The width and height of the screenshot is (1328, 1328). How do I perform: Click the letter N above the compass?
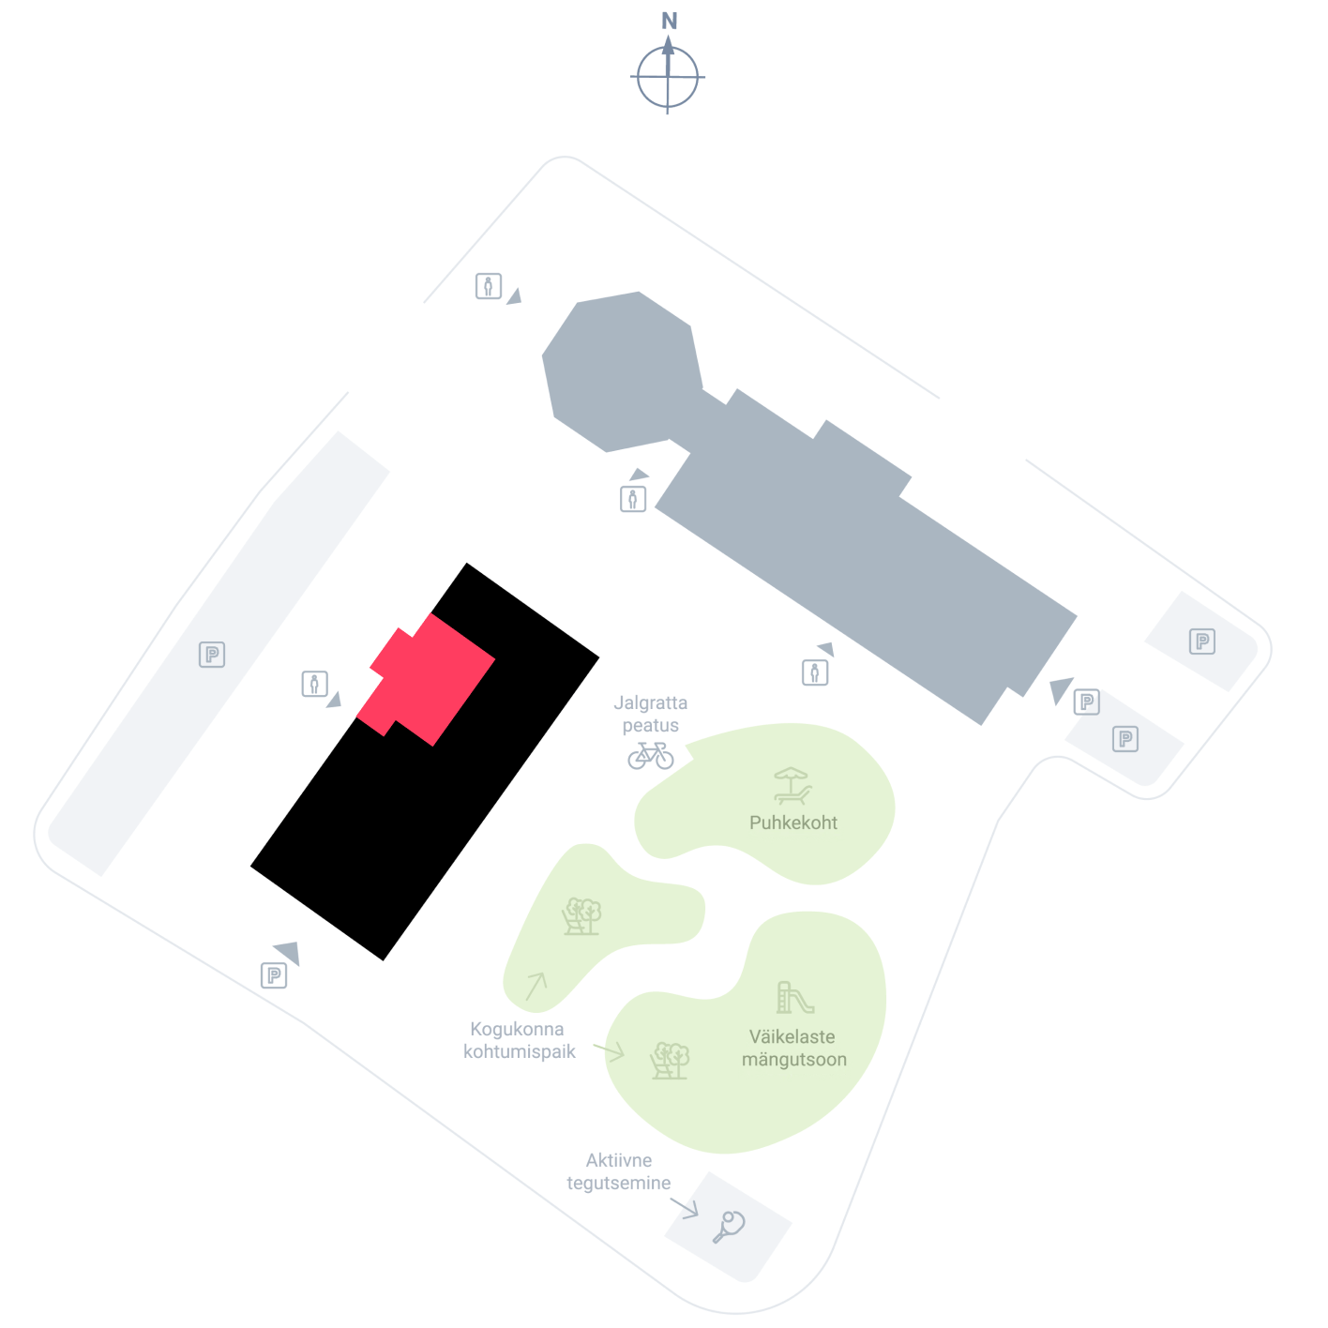(x=669, y=21)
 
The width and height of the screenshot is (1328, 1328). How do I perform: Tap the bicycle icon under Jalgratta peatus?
(x=650, y=755)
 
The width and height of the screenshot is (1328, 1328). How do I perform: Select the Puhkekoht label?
(x=792, y=822)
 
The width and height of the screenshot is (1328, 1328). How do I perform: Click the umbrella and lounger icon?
(x=792, y=786)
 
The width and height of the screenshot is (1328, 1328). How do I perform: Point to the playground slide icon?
(x=794, y=997)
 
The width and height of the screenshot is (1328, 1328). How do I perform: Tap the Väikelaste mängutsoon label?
(x=793, y=1048)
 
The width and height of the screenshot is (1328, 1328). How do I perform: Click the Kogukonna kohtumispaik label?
(x=519, y=1040)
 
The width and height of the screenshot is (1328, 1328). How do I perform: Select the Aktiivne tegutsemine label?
(x=618, y=1171)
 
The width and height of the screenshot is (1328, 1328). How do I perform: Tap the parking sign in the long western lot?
(x=212, y=654)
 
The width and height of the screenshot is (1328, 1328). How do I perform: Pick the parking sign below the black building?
(x=274, y=975)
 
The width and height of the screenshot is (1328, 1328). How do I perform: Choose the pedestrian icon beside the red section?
(x=314, y=684)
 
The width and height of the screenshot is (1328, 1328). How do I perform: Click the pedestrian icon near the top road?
(x=488, y=285)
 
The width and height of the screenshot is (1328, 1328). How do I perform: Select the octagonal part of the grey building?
(x=623, y=371)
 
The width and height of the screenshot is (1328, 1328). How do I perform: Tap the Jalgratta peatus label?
(x=650, y=714)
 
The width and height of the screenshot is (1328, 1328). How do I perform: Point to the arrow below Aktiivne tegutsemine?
(x=684, y=1208)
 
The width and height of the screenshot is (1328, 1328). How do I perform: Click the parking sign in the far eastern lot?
(x=1202, y=641)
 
